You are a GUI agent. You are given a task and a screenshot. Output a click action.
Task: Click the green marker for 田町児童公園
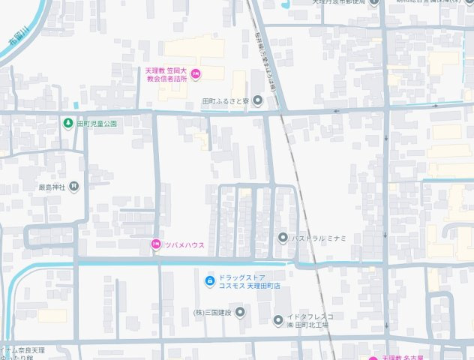tap(68, 123)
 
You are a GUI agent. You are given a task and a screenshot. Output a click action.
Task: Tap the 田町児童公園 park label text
tap(97, 123)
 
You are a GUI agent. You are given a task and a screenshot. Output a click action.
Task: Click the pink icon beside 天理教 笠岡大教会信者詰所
tap(196, 73)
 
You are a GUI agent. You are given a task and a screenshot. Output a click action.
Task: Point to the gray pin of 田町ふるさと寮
tap(257, 100)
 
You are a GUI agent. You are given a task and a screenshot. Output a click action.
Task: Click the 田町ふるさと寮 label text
tap(226, 101)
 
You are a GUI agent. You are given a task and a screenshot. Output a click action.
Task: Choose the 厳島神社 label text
tap(52, 186)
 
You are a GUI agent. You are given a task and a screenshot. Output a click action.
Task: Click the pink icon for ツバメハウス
tap(155, 244)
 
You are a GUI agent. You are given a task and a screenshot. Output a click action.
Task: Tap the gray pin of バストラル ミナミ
tap(283, 238)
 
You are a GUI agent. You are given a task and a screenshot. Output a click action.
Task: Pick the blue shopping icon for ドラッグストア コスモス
tap(209, 282)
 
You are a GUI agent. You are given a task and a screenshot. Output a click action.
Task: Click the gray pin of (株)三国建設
tap(239, 312)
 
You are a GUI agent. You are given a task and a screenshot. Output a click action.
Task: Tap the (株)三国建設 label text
tap(213, 312)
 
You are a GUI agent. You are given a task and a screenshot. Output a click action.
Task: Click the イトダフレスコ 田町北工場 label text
tap(309, 321)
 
